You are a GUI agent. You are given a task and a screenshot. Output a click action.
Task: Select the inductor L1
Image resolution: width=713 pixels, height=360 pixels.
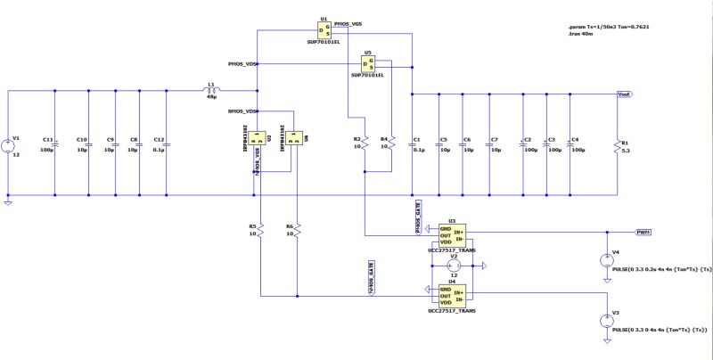click(211, 90)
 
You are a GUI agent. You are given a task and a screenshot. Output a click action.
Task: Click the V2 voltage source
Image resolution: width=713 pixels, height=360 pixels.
click(453, 265)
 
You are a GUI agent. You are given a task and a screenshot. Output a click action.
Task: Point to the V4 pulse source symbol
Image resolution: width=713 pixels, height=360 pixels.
click(605, 261)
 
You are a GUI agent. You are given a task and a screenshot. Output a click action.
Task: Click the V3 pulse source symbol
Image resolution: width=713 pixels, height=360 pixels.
click(605, 323)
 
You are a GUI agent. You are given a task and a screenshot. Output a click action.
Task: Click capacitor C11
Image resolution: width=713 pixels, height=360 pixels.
click(55, 143)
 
